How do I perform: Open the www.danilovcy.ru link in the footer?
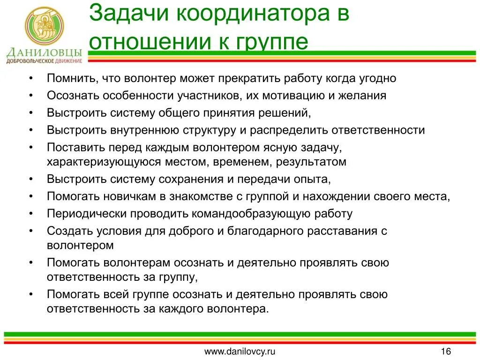[x=240, y=352]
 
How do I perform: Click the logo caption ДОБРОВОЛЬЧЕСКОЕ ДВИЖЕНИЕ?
[x=45, y=61]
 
